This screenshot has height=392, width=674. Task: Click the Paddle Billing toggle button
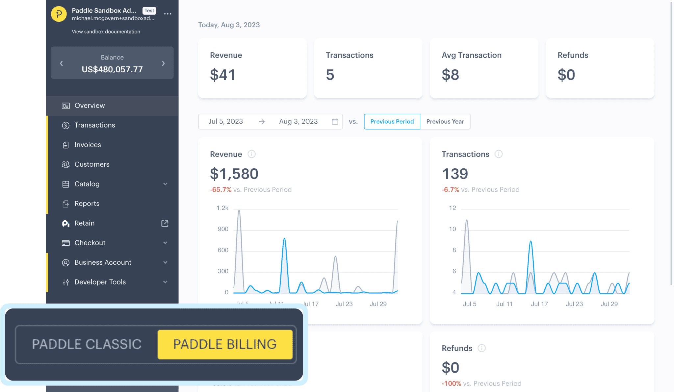point(225,344)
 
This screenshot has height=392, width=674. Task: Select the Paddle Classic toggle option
point(87,344)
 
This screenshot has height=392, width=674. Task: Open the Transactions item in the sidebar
point(94,125)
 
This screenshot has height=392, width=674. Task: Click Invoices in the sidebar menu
point(88,145)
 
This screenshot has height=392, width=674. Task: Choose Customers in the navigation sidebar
point(92,164)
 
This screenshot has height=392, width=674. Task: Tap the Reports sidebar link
point(87,204)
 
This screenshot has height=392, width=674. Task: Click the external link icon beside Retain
point(165,223)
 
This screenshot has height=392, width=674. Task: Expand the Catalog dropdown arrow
point(165,184)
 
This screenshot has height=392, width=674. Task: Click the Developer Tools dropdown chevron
point(165,282)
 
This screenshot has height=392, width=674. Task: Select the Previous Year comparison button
point(445,122)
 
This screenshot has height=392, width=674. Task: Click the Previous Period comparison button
point(392,122)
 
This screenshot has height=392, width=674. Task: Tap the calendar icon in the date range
point(335,122)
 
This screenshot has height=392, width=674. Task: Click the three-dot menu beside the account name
point(168,14)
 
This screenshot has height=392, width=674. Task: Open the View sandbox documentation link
point(106,32)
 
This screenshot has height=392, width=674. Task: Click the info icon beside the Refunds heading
point(481,348)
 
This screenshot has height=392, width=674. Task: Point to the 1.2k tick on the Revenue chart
point(222,208)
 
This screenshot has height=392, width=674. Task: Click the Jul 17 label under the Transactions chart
point(539,304)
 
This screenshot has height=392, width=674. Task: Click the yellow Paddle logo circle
point(59,14)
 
